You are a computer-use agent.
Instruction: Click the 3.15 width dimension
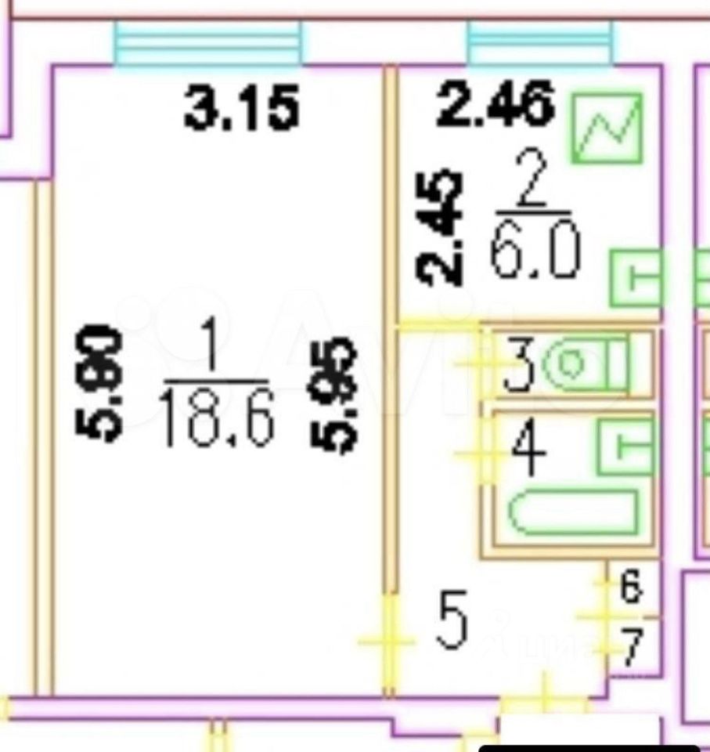(x=242, y=110)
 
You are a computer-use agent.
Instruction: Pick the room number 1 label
(x=214, y=352)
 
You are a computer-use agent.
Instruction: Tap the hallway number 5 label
(x=452, y=622)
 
